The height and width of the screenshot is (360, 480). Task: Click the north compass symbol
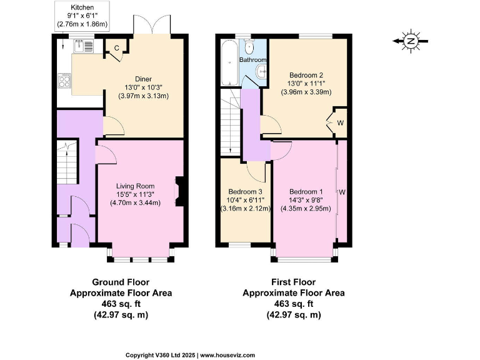coord(411,41)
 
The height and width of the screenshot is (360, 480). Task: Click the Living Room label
coord(139,185)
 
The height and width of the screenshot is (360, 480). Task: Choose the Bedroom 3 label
coord(245,191)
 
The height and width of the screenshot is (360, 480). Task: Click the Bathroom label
coord(253,60)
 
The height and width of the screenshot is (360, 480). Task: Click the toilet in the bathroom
coord(250,47)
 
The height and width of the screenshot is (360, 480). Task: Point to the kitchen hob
coord(64,80)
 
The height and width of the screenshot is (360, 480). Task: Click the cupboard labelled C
coord(116,47)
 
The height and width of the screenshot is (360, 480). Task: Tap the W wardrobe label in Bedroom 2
coord(341,122)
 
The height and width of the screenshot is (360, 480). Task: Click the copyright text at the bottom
coord(190,354)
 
